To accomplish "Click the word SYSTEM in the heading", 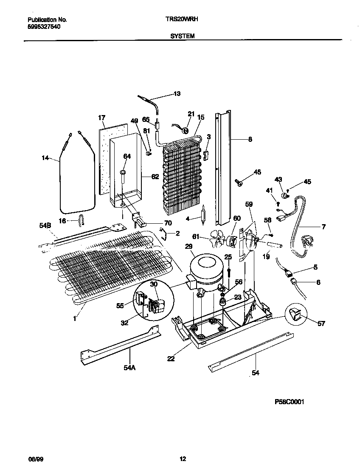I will pyautogui.click(x=183, y=37).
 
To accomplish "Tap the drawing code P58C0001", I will pyautogui.click(x=290, y=402).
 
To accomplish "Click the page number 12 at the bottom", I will pyautogui.click(x=183, y=459).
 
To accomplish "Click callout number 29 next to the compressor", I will pyautogui.click(x=188, y=246).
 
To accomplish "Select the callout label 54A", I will pyautogui.click(x=129, y=368).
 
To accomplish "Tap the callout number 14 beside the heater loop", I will pyautogui.click(x=45, y=158).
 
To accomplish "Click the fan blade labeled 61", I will pyautogui.click(x=217, y=240).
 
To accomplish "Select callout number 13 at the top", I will pyautogui.click(x=177, y=93).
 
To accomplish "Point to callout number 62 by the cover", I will pyautogui.click(x=155, y=177).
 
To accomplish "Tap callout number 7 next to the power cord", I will pyautogui.click(x=323, y=227).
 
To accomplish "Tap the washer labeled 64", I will pyautogui.click(x=122, y=172).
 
